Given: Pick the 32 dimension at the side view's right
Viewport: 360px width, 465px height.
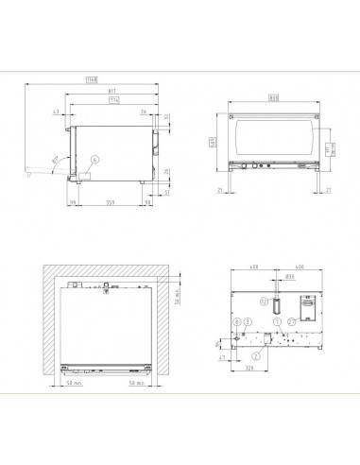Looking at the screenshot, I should (x=166, y=117).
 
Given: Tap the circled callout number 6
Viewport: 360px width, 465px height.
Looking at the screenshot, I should (x=94, y=161).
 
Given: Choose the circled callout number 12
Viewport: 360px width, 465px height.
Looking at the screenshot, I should (x=265, y=301).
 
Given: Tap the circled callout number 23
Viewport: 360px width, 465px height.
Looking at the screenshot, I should (x=291, y=321).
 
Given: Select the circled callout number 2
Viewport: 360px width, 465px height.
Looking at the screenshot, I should (x=256, y=355).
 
